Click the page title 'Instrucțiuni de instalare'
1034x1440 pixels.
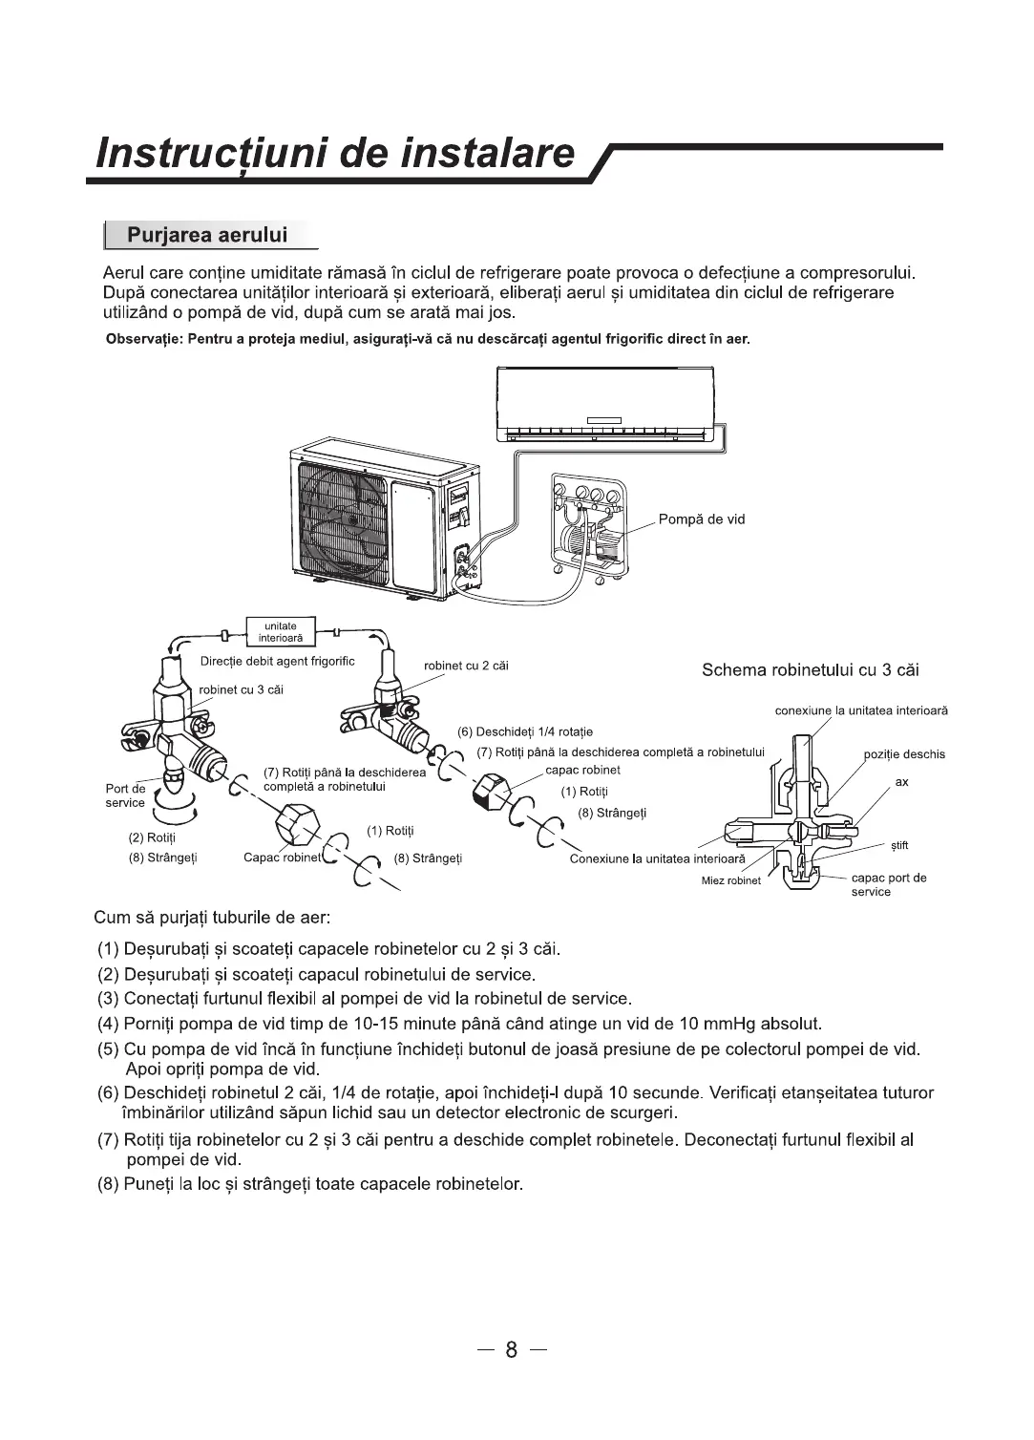(x=337, y=153)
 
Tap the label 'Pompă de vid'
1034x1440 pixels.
(x=701, y=519)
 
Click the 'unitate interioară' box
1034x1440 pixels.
(x=274, y=632)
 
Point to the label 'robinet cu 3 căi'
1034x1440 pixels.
(x=241, y=689)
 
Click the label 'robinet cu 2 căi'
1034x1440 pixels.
(x=466, y=666)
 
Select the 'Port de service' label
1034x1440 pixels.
(x=125, y=795)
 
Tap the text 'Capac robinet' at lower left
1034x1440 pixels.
(x=282, y=858)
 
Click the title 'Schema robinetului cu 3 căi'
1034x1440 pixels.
(x=810, y=669)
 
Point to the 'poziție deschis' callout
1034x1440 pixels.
(x=904, y=754)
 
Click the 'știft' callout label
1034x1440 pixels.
(x=899, y=845)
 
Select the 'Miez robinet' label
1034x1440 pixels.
(x=731, y=880)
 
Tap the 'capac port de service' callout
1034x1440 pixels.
(x=888, y=884)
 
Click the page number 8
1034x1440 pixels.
(x=512, y=1349)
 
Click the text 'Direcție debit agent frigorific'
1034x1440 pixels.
(x=278, y=662)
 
